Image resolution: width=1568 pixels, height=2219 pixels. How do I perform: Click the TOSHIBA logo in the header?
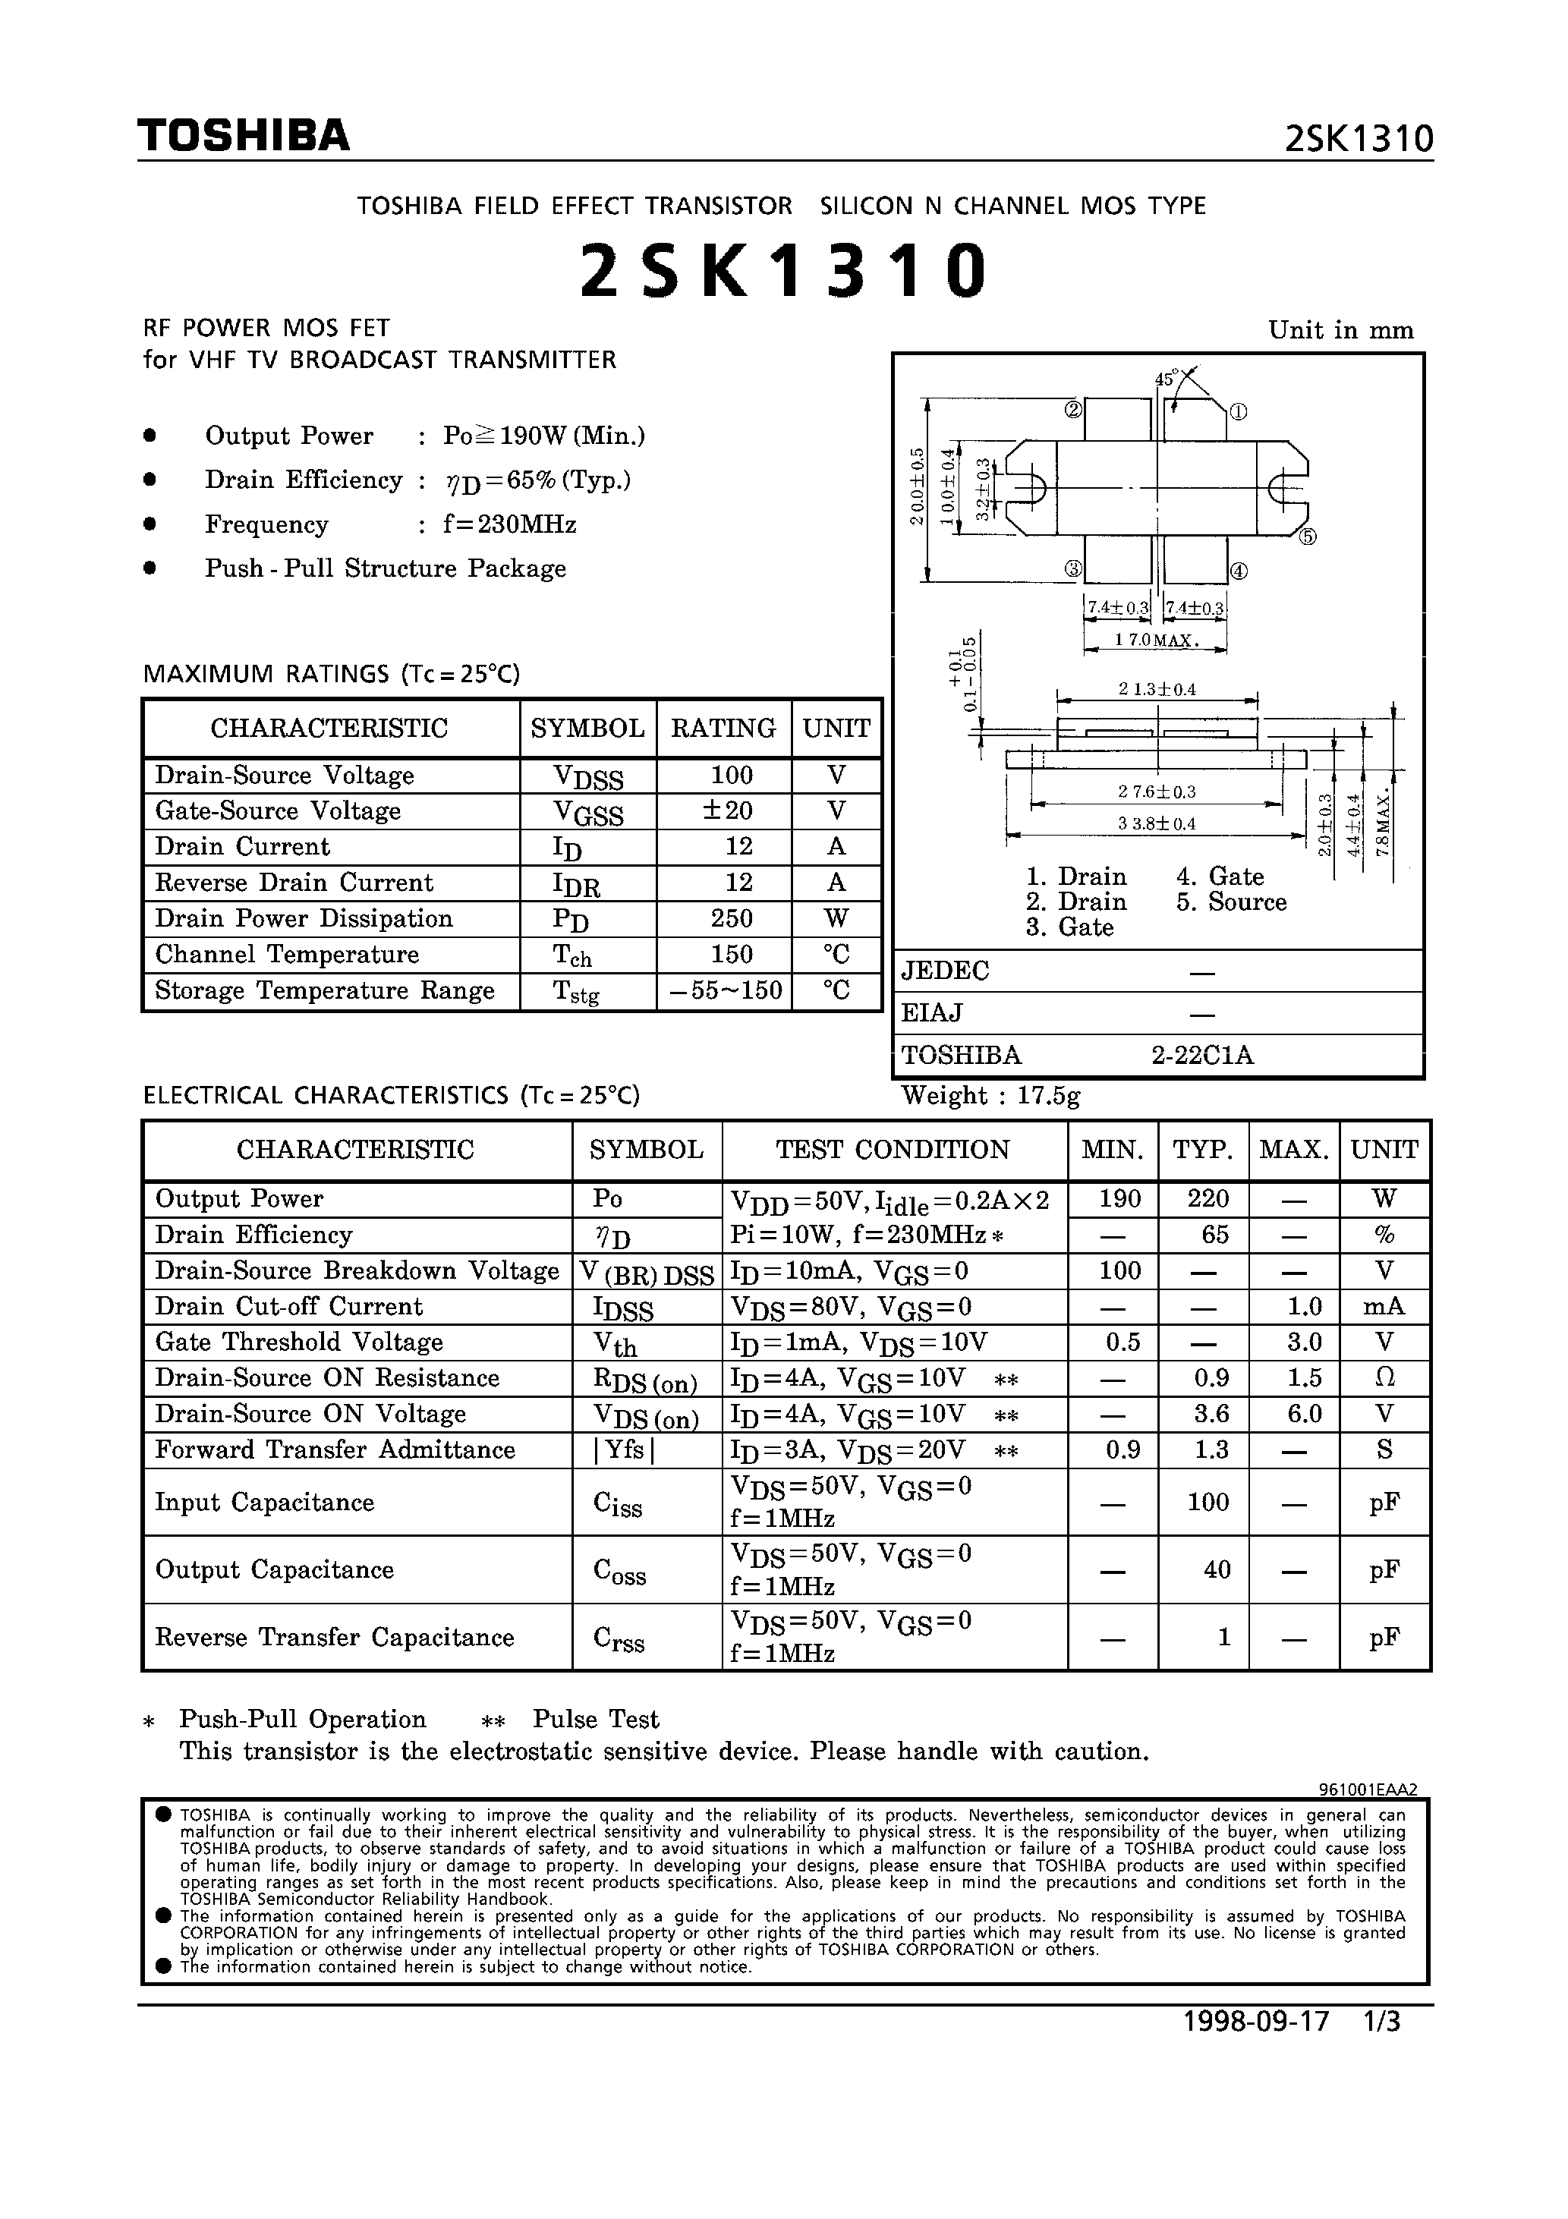point(243,137)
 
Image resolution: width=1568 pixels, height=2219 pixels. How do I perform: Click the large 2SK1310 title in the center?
point(783,271)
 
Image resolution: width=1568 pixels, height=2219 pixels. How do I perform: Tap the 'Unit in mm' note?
point(1341,331)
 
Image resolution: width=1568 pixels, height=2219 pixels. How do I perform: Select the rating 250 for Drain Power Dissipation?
point(731,918)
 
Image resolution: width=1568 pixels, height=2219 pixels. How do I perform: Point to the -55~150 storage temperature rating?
point(724,990)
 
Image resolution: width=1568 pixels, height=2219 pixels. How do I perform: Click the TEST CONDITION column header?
point(893,1149)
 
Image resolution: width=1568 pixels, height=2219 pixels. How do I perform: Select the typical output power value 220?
point(1207,1198)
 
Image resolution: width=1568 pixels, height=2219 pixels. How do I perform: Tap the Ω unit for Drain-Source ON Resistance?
point(1384,1377)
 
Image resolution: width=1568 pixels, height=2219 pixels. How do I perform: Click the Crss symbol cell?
point(619,1638)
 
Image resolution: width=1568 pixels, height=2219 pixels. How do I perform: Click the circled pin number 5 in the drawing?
point(1307,537)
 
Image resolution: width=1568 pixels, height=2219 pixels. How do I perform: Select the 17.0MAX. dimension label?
point(1156,640)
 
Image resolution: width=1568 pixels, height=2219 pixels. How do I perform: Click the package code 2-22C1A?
point(1201,1056)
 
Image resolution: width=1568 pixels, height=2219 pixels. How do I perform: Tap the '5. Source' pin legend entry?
point(1230,902)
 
